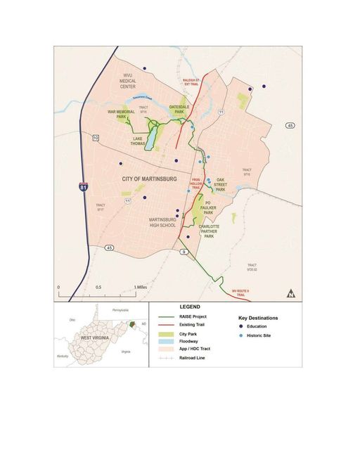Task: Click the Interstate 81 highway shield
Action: click(84, 187)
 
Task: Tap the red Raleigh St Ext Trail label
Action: click(212, 83)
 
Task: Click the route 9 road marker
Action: click(183, 251)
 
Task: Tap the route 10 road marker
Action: click(96, 138)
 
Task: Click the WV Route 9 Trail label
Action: click(241, 290)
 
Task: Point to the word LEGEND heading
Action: click(190, 307)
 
